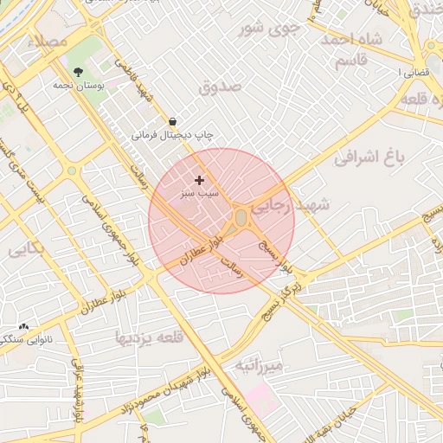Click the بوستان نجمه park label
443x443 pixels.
coord(78,85)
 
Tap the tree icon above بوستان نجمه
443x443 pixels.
coord(79,72)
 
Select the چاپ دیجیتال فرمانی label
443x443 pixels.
coord(172,135)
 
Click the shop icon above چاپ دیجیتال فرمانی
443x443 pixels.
coord(173,122)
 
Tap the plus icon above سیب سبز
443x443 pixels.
coord(200,180)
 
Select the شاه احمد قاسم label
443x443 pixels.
coord(352,48)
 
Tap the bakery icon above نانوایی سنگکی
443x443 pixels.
coord(23,327)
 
